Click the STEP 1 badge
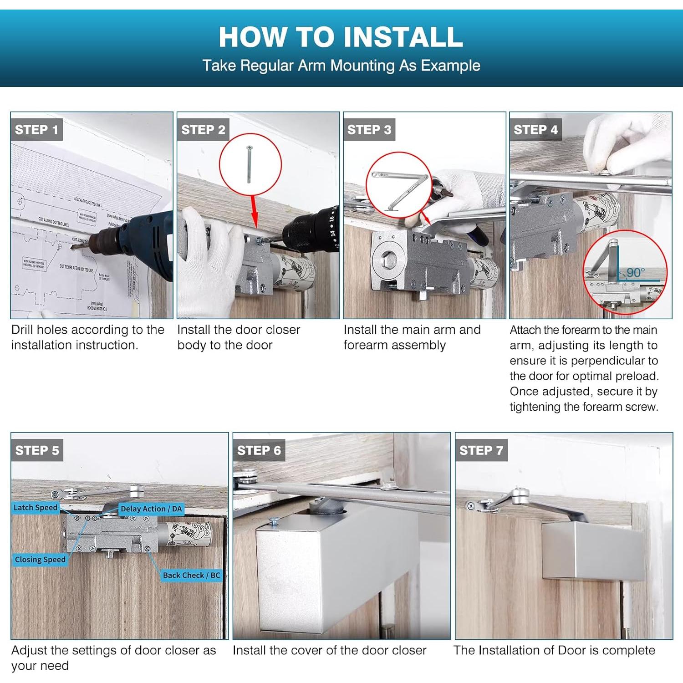[36, 130]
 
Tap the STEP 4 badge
[535, 130]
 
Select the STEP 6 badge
[259, 450]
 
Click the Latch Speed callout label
[36, 507]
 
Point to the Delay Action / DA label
[151, 509]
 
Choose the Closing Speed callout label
[40, 560]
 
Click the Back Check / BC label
[191, 575]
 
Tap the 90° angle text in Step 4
[635, 273]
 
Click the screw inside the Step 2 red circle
[249, 164]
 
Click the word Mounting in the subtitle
[362, 66]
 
